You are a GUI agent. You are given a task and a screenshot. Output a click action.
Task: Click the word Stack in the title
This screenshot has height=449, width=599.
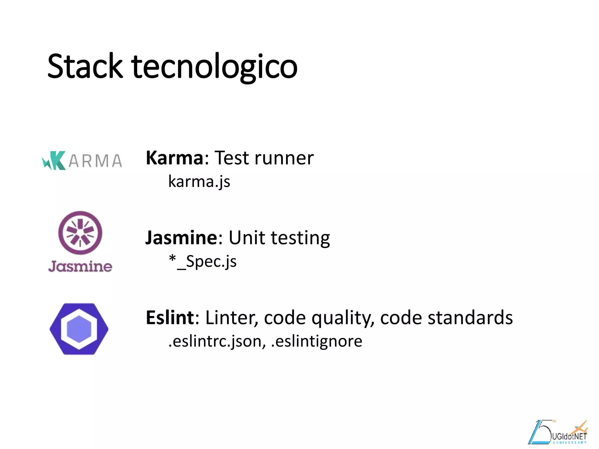85,66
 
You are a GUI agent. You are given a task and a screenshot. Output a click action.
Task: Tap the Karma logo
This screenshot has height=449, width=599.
82,160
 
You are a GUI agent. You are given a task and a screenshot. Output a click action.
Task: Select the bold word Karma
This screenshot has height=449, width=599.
174,158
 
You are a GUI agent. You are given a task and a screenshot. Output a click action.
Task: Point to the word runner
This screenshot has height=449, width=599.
284,158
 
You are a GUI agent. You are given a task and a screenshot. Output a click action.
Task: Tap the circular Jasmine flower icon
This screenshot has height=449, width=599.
80,233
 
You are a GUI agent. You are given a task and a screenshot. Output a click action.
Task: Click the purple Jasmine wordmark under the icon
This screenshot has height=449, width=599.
80,266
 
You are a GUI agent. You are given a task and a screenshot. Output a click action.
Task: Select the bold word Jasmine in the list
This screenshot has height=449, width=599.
181,238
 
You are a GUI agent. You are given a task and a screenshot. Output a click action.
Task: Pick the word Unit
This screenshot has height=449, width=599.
247,238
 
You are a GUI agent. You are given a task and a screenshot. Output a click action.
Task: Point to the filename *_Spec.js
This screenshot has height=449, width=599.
203,261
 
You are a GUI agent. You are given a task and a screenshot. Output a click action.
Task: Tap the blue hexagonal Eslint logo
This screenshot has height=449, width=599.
79,329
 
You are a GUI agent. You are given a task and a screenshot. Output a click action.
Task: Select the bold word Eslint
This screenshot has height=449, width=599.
170,317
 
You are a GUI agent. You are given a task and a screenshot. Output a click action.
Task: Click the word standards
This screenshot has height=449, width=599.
470,317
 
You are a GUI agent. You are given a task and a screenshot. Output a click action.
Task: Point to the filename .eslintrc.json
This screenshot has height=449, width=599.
217,341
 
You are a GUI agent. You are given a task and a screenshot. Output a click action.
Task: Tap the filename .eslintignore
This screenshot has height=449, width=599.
316,341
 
